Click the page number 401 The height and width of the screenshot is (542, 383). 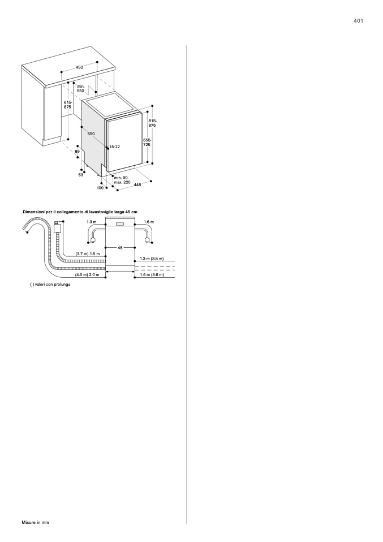tap(359, 21)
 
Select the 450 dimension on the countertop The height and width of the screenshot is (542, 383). tap(79, 67)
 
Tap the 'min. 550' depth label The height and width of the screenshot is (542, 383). tap(80, 88)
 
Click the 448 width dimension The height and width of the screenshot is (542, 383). tap(137, 185)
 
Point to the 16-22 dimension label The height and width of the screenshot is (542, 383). tap(115, 147)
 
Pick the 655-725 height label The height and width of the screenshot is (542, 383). tap(147, 142)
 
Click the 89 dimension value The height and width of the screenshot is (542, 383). tap(77, 152)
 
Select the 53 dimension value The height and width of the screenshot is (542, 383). tap(81, 175)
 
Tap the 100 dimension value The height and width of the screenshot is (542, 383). tap(100, 188)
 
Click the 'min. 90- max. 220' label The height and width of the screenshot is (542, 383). tap(122, 180)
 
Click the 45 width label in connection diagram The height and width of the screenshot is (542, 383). tap(120, 248)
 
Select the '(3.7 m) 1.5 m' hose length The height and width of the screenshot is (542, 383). tap(88, 253)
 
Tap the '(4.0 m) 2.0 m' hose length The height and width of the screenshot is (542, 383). tap(87, 275)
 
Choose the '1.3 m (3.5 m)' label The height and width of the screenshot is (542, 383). tap(152, 259)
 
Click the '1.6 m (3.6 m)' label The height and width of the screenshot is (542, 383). tap(152, 275)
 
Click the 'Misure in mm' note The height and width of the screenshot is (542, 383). tap(35, 522)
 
